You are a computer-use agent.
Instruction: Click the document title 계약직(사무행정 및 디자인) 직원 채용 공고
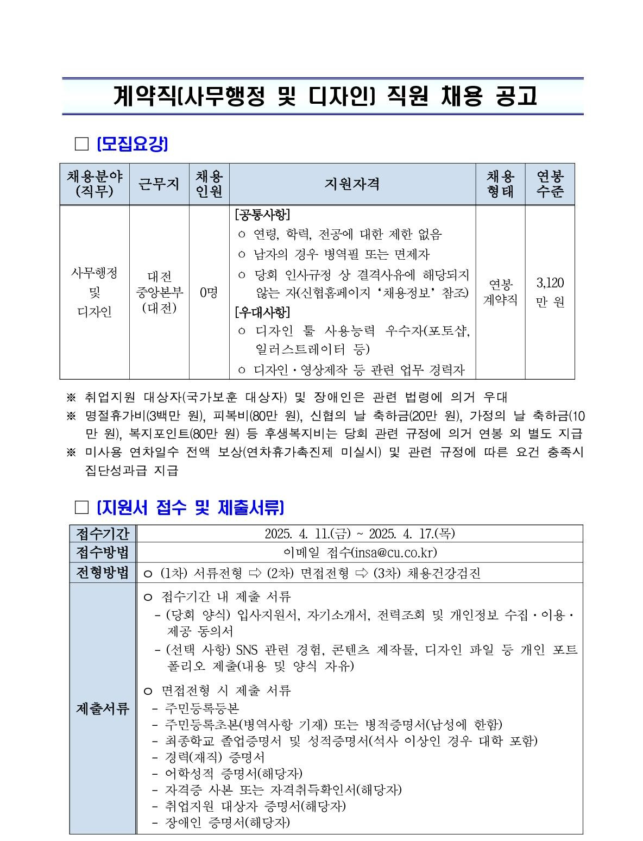(325, 96)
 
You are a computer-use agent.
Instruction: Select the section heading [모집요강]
(132, 144)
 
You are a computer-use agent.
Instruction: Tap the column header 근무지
(159, 184)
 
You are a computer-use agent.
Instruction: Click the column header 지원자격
(352, 184)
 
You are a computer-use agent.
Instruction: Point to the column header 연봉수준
(550, 184)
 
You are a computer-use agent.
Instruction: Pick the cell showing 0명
(209, 293)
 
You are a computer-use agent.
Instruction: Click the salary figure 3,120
(550, 283)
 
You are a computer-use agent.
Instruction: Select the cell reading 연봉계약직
(500, 292)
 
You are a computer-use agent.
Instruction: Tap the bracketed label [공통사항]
(262, 215)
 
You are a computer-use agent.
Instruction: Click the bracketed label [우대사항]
(262, 312)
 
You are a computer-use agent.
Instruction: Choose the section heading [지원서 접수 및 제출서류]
(190, 507)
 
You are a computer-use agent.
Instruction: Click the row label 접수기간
(103, 534)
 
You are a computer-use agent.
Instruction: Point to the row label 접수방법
(103, 553)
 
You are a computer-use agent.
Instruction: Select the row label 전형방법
(103, 573)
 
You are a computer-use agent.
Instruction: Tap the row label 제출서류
(103, 708)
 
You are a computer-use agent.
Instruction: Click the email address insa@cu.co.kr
(394, 553)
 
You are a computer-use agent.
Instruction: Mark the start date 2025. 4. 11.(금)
(306, 534)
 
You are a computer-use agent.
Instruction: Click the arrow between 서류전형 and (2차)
(254, 573)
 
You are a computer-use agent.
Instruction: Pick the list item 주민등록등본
(202, 708)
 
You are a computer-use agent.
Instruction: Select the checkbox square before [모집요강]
(81, 144)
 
